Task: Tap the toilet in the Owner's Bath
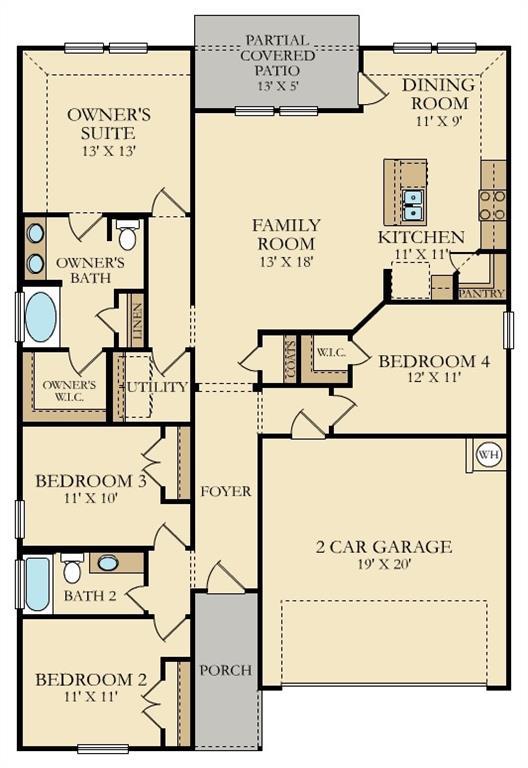[128, 235]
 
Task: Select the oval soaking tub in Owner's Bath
[41, 317]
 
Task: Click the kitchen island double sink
[412, 205]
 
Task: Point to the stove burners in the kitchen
[492, 205]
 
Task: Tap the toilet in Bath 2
[72, 568]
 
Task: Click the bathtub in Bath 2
[38, 584]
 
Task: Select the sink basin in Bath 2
[108, 563]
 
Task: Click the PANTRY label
[481, 293]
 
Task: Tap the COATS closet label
[290, 359]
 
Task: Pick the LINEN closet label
[138, 322]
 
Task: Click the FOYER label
[226, 491]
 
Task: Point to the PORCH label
[225, 670]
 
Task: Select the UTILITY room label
[157, 387]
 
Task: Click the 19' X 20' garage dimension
[384, 564]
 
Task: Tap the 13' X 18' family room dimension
[287, 262]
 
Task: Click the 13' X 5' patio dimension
[278, 85]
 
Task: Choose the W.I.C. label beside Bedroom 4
[331, 352]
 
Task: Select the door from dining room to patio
[371, 89]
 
